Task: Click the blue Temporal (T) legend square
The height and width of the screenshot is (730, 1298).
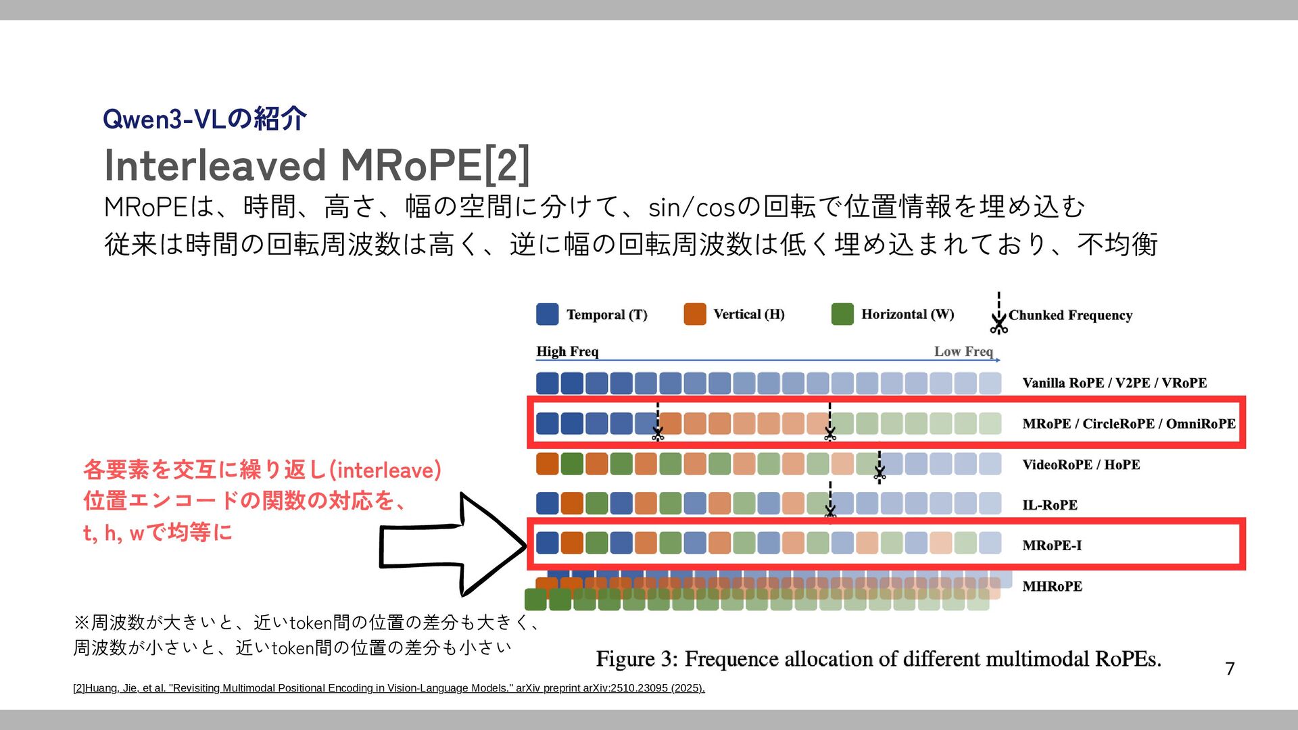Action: click(547, 314)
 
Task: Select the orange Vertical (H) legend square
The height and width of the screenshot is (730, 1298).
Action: click(694, 314)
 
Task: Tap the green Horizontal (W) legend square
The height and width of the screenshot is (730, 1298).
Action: click(842, 314)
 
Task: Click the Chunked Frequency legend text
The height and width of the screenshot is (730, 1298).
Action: click(1069, 315)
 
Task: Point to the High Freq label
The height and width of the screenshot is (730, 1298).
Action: click(567, 351)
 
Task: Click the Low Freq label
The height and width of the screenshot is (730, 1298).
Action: click(963, 351)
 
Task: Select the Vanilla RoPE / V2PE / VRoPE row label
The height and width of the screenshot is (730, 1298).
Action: click(1114, 383)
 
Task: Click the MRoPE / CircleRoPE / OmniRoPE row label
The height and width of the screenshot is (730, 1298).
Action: click(1128, 424)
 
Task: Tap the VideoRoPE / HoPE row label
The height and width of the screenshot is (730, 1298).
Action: click(1081, 464)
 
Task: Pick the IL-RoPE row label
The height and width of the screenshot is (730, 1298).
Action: click(1049, 505)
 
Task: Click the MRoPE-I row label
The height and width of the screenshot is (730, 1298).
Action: click(1052, 545)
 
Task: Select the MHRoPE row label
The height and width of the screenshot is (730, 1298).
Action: click(1052, 586)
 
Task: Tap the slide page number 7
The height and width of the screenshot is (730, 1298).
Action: click(1230, 668)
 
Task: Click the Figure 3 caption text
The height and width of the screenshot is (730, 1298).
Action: click(878, 658)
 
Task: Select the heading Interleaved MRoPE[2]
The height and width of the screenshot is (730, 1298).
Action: click(316, 166)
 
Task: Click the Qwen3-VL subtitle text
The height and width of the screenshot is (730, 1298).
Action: click(205, 119)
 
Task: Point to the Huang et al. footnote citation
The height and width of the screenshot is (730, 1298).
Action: click(389, 688)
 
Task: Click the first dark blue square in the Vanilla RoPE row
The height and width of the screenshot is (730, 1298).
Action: click(547, 383)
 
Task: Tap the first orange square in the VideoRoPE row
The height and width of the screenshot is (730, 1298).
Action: click(547, 464)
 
